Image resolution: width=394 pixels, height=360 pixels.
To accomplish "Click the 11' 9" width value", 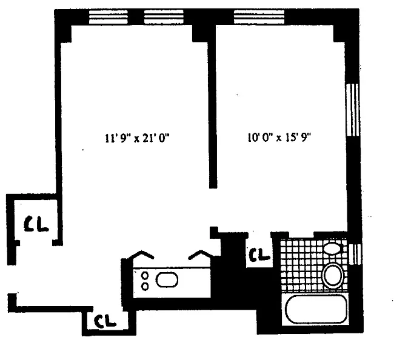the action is pyautogui.click(x=116, y=138).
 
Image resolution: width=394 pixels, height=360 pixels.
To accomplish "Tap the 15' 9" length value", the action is pyautogui.click(x=298, y=138).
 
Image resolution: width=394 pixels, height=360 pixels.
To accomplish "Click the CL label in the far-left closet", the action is pyautogui.click(x=36, y=224).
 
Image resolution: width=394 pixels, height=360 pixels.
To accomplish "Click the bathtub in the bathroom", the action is pyautogui.click(x=316, y=309).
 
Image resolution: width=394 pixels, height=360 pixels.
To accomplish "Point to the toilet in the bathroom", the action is pyautogui.click(x=333, y=275).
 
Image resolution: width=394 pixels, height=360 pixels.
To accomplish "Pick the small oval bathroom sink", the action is pyautogui.click(x=332, y=248).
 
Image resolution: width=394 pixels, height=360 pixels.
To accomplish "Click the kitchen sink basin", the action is pyautogui.click(x=167, y=279).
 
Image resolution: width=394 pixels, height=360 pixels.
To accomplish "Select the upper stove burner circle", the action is pyautogui.click(x=145, y=276).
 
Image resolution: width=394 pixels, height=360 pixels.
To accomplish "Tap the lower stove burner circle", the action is pyautogui.click(x=145, y=286).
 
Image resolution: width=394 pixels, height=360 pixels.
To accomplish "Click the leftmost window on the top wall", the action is pyautogui.click(x=109, y=17).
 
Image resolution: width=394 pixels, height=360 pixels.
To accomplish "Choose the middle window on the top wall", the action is pyautogui.click(x=164, y=17).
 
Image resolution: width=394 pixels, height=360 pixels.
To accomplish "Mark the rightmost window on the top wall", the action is pyautogui.click(x=259, y=17).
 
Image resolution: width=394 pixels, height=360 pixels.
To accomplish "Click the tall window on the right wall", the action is pyautogui.click(x=352, y=110).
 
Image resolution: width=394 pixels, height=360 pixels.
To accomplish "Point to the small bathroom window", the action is pyautogui.click(x=355, y=254).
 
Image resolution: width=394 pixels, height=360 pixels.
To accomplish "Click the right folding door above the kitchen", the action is pyautogui.click(x=201, y=255).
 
